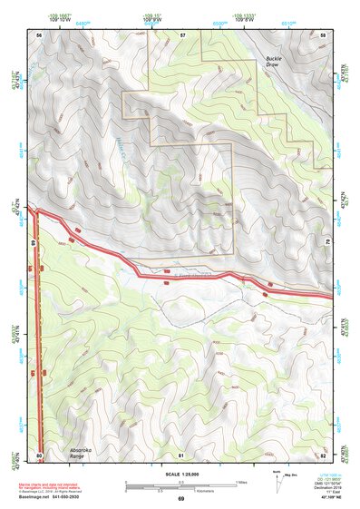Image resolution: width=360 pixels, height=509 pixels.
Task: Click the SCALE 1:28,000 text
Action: click(x=180, y=474)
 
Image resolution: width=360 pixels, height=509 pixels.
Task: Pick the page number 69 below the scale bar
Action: click(x=180, y=499)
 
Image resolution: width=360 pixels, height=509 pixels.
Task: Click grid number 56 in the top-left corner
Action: click(x=39, y=34)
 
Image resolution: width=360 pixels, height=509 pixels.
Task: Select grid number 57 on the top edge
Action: click(x=182, y=34)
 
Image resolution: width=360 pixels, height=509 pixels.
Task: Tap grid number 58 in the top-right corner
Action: click(x=323, y=34)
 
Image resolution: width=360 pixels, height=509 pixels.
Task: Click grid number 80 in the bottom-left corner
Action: click(x=39, y=454)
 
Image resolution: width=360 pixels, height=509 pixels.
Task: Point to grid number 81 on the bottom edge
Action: click(x=181, y=454)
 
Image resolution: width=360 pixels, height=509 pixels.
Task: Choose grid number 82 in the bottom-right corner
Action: click(x=323, y=454)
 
